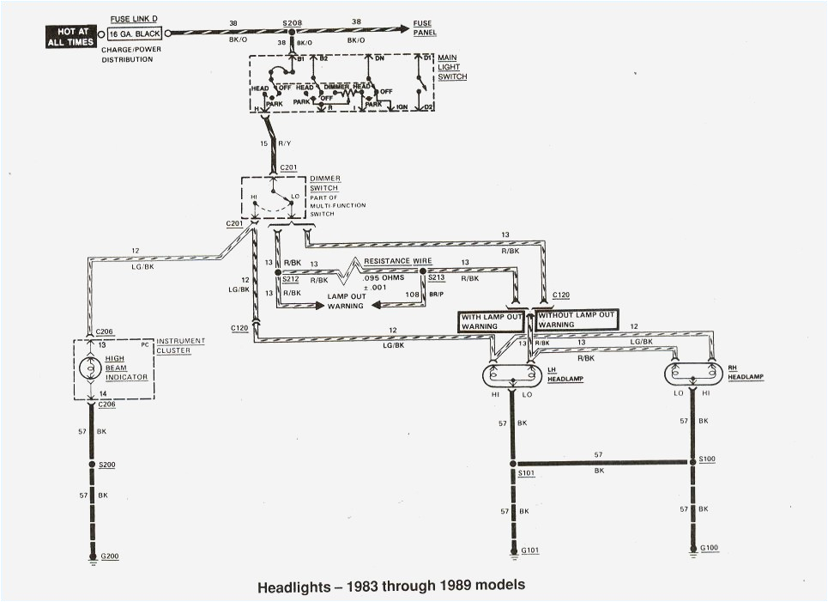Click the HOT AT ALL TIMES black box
pyautogui.click(x=73, y=33)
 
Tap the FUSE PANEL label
pyautogui.click(x=425, y=28)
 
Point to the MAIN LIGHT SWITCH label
pyautogui.click(x=452, y=67)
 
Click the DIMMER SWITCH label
pyautogui.click(x=324, y=183)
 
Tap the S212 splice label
pyautogui.click(x=293, y=279)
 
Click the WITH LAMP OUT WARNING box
pyautogui.click(x=492, y=320)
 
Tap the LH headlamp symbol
pyautogui.click(x=512, y=375)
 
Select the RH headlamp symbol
pyautogui.click(x=693, y=375)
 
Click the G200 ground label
pyautogui.click(x=109, y=556)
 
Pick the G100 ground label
pyautogui.click(x=710, y=546)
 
